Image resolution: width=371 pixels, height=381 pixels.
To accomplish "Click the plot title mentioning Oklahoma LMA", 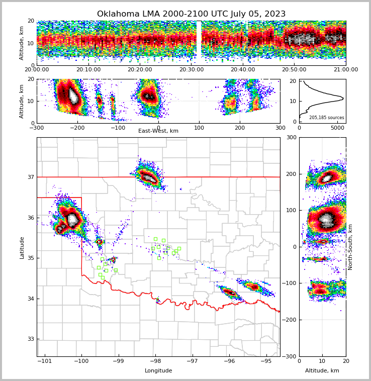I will coord(191,14).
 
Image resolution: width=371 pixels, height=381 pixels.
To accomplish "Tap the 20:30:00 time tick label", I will coord(191,70).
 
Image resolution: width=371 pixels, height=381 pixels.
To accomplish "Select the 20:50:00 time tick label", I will coord(294,70).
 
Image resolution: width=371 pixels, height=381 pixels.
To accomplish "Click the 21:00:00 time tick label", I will coord(345,70).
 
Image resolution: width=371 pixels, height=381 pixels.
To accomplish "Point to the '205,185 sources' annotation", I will coord(326,118).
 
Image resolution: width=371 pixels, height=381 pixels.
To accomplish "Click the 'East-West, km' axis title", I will coord(158,131).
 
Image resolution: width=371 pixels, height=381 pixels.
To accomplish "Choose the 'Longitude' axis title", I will coord(158,371).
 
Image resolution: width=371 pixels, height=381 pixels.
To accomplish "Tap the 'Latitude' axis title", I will coord(22,247).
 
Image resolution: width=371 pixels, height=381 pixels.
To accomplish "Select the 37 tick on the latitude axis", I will coord(31,177).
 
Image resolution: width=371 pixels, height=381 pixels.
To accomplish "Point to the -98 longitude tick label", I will coord(155,361).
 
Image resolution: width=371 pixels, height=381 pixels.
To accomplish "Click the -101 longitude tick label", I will coord(45,361).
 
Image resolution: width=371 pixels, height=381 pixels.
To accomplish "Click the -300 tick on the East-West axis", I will coord(37,128).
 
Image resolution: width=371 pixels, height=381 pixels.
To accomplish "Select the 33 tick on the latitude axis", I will coord(31,339).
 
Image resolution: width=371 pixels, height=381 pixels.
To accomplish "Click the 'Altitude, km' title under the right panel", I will coord(322,371).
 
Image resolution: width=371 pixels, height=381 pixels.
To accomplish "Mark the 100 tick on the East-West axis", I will coord(199,128).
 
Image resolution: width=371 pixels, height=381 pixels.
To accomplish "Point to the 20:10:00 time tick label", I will coord(88,70).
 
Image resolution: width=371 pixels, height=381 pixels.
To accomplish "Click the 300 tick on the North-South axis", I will coord(291,138).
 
